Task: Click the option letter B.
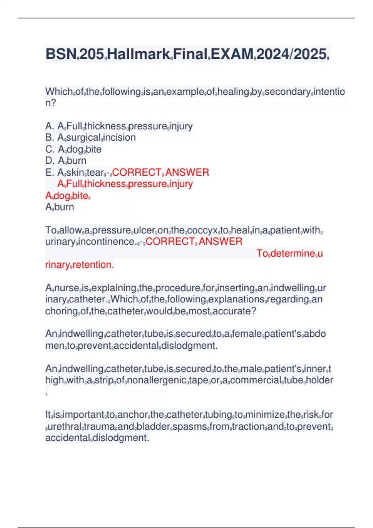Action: (x=49, y=138)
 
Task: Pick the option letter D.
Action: (x=49, y=161)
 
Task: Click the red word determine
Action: (x=292, y=253)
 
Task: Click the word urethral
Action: (x=64, y=427)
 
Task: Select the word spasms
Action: (x=190, y=427)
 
